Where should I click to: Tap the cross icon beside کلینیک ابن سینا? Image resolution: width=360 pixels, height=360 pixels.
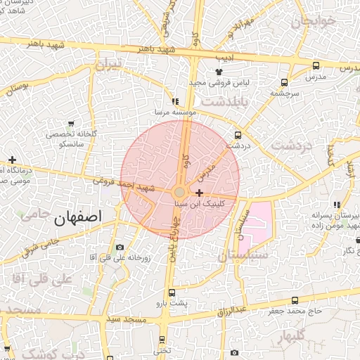click(200, 193)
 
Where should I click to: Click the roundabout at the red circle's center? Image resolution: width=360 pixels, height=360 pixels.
click(180, 192)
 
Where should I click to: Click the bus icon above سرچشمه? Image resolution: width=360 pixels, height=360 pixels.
click(284, 82)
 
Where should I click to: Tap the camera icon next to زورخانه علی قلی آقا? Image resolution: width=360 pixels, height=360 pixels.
click(120, 247)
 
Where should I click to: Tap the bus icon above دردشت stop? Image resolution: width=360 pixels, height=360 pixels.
click(238, 135)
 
